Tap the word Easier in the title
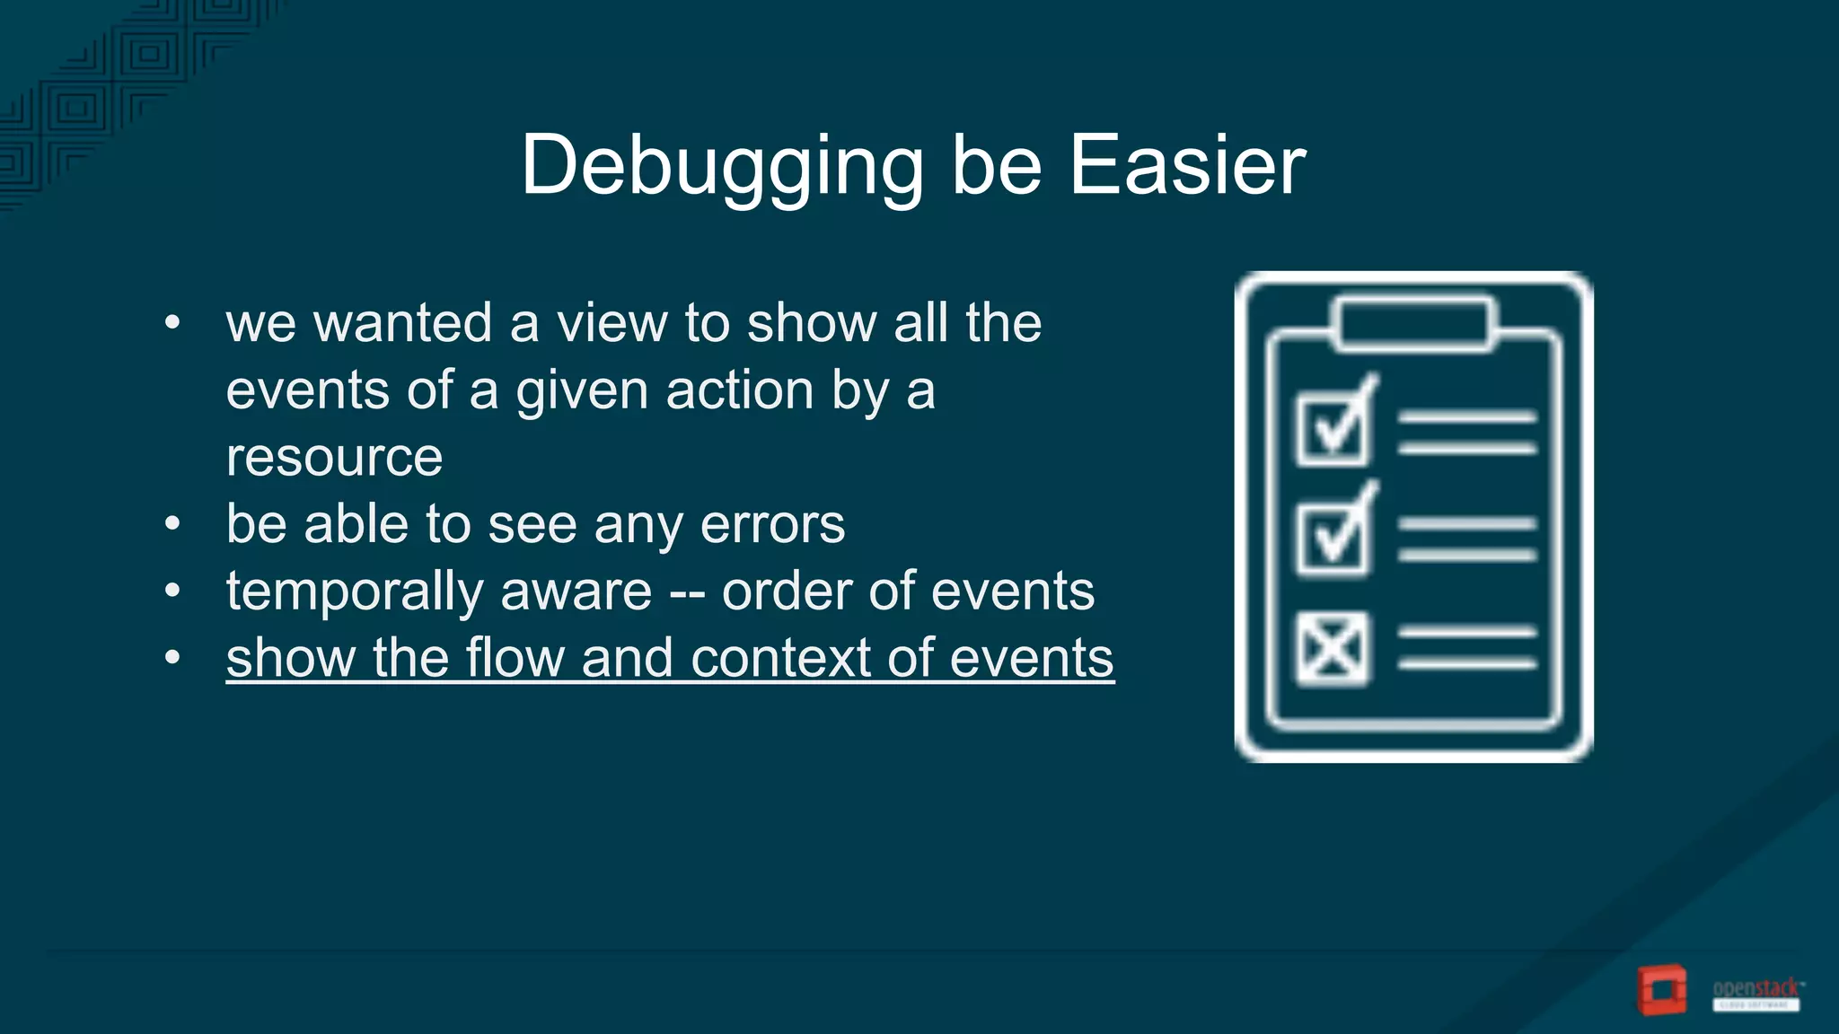1187,166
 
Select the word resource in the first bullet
334,458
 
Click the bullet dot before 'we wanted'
173,323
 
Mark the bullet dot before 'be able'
173,524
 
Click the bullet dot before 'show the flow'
173,658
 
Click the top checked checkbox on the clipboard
1333,429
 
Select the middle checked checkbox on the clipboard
1333,537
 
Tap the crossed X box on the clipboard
1333,648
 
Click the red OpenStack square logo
1661,990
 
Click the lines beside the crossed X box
1466,648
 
